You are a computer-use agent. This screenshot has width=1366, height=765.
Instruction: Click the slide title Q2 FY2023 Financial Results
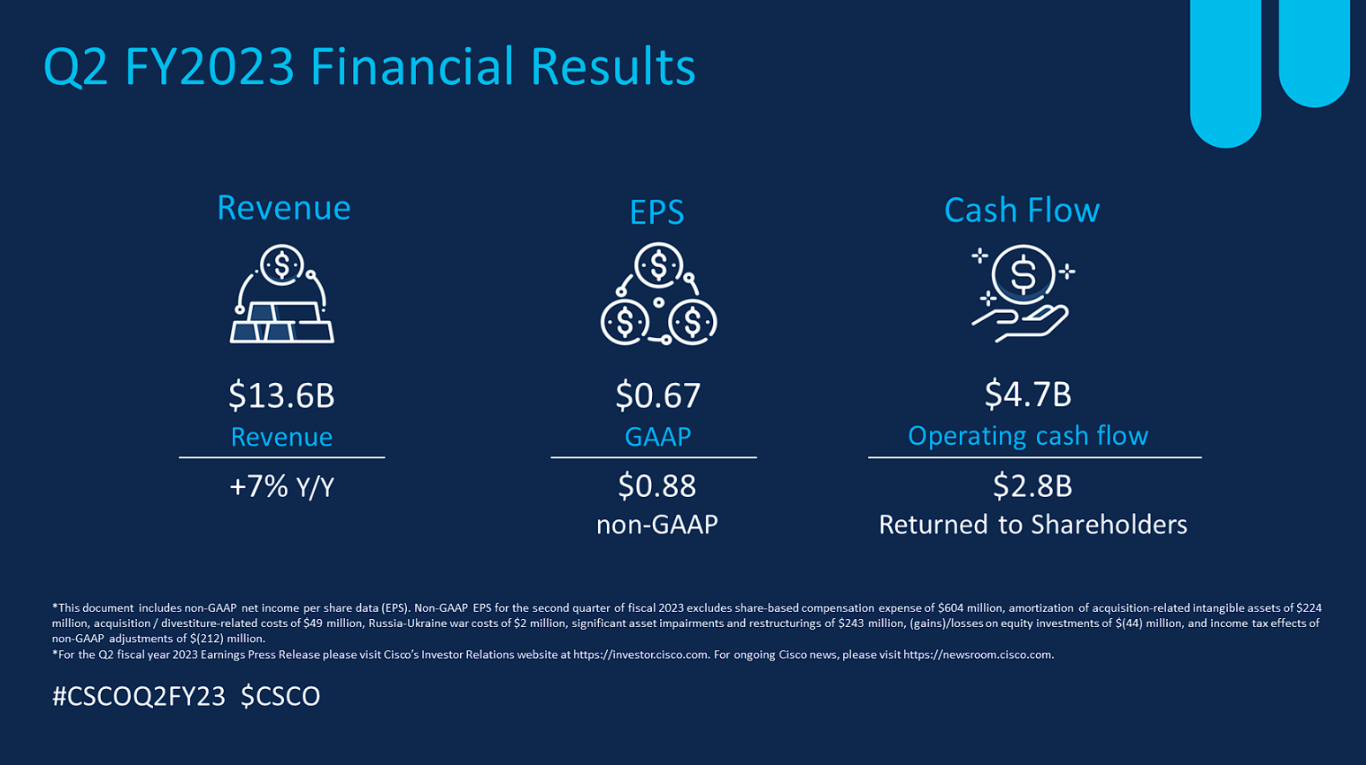(x=370, y=66)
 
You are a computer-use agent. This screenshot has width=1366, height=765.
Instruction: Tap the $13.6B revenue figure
(x=281, y=395)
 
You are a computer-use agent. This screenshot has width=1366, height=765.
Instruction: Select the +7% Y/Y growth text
(x=281, y=486)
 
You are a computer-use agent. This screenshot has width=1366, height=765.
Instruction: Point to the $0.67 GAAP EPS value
(x=657, y=395)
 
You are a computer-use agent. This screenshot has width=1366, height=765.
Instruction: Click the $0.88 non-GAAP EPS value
(x=656, y=486)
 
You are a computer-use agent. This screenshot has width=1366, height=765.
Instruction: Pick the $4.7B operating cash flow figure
(x=1028, y=394)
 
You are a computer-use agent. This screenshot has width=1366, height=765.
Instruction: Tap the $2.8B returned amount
(x=1032, y=486)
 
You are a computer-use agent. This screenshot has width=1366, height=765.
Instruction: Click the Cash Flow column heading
(x=1022, y=210)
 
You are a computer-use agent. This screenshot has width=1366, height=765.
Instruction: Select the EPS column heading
(x=656, y=212)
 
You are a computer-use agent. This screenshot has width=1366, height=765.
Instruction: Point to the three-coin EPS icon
(x=658, y=294)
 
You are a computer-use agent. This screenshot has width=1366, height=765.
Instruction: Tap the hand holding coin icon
(x=1023, y=294)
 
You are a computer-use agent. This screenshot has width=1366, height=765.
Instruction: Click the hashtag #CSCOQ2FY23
(x=139, y=696)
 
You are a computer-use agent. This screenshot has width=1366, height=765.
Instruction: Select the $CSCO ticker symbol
(x=280, y=696)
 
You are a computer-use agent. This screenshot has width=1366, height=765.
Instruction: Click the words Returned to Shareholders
(x=1033, y=524)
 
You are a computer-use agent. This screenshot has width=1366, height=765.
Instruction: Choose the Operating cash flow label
(x=1028, y=436)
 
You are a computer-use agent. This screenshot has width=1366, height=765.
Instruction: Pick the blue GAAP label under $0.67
(x=657, y=436)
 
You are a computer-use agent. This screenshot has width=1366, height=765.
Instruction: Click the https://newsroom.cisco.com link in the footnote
(x=978, y=654)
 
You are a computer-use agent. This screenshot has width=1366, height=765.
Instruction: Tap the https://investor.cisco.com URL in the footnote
(x=641, y=654)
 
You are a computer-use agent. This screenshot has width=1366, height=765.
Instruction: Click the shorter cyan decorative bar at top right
(x=1314, y=52)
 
